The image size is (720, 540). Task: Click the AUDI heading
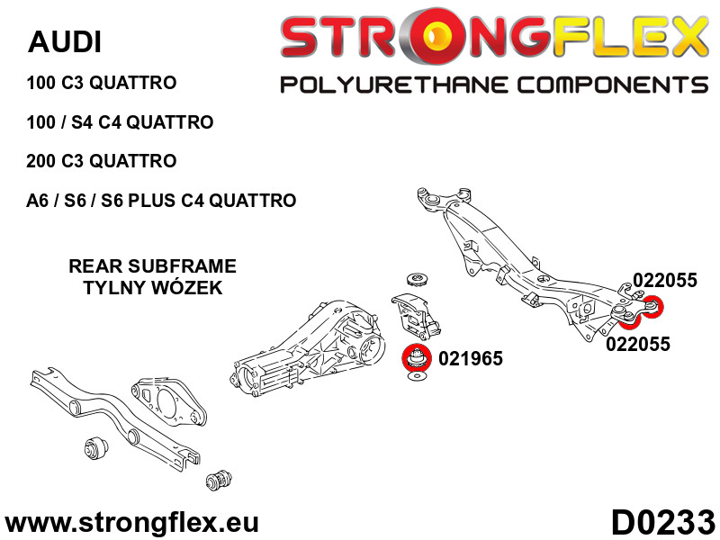pos(65,41)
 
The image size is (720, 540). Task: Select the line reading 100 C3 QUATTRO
pos(102,83)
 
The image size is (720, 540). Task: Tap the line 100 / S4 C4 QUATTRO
pos(120,122)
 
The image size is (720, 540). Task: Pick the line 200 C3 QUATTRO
pos(102,161)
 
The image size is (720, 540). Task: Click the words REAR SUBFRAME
pos(152,265)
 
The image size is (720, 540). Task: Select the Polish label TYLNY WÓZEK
pos(152,287)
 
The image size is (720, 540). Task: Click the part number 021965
pos(471,358)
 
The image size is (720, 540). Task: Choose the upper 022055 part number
pos(665,280)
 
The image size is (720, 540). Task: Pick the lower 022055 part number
pos(638,344)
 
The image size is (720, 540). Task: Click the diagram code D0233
pos(662,522)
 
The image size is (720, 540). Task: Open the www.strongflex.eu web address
pos(131,523)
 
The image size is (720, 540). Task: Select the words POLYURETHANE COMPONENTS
pos(494,85)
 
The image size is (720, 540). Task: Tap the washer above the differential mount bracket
pos(417,279)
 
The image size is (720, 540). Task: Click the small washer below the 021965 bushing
pos(417,377)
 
